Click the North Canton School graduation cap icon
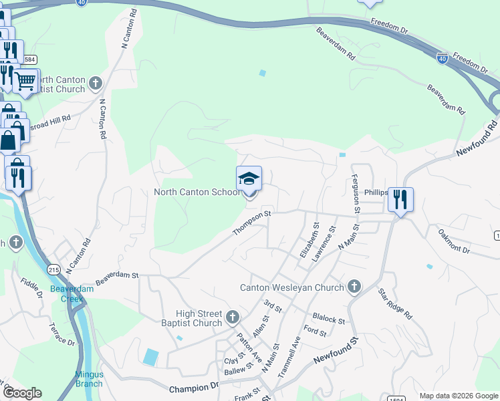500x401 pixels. coord(249,178)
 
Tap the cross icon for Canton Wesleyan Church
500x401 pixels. coord(354,287)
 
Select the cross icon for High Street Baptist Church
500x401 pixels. coord(232,316)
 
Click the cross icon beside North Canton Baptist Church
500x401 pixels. coord(96,84)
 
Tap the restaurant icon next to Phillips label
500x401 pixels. coord(400,199)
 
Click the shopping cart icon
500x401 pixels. coord(25,81)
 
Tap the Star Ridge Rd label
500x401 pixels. coord(395,303)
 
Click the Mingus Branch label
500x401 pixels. coord(89,379)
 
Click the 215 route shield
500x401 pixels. coord(54,269)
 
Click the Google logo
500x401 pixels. coord(22,393)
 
